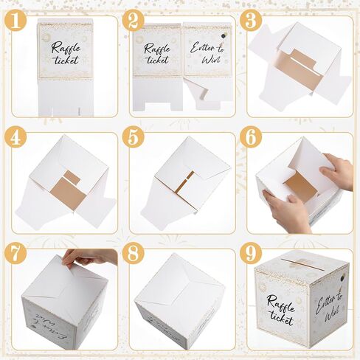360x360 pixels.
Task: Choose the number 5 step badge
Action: [x=134, y=139]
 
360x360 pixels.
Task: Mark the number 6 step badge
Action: [x=251, y=139]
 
